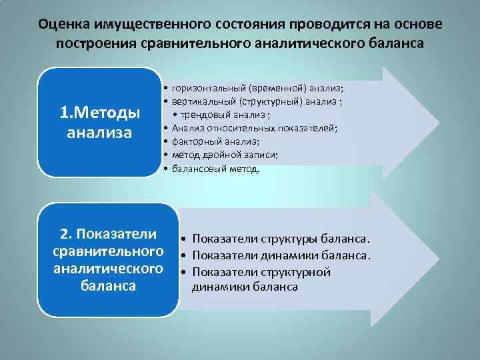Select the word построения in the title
point(88,43)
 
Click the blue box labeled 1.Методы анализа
point(100,122)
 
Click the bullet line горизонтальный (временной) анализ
point(257,87)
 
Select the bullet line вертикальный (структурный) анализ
point(257,101)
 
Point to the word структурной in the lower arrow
point(297,272)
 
